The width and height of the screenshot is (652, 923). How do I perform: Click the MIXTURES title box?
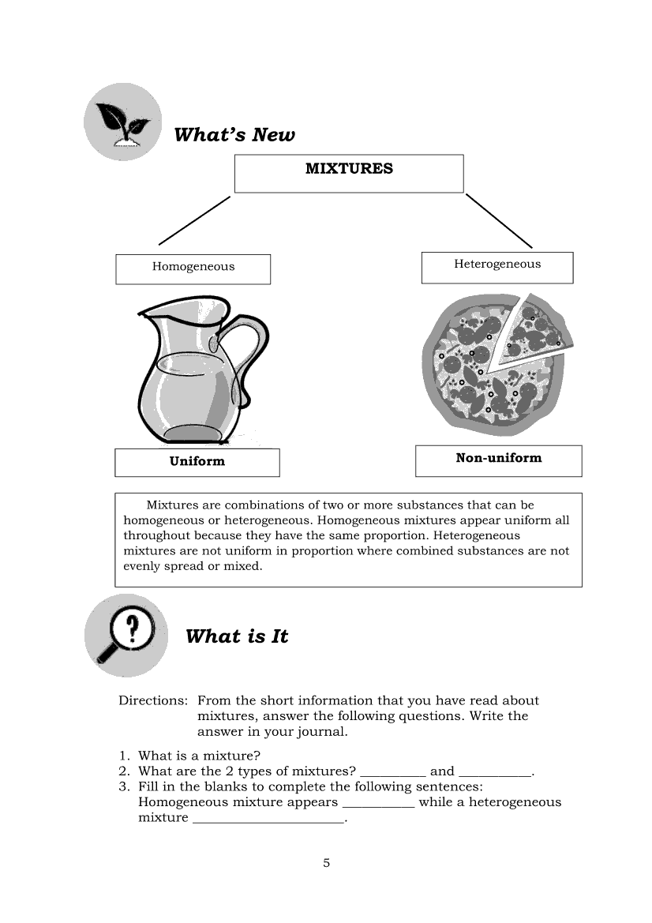coord(348,173)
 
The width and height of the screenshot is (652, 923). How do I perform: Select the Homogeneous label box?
coord(193,268)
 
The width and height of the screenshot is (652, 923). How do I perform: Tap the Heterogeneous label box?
coord(496,267)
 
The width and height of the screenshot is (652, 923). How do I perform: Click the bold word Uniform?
coord(197,462)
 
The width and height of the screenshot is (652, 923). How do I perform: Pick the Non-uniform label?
coord(498,459)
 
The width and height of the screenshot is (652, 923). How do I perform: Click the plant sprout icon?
coord(122,122)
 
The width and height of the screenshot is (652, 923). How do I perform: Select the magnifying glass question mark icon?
coord(126,635)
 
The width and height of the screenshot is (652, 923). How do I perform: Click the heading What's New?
coord(234,135)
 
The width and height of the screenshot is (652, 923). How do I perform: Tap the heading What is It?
coord(237,636)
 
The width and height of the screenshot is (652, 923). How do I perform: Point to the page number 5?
coord(326,862)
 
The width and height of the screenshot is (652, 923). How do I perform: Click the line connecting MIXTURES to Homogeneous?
coord(194,220)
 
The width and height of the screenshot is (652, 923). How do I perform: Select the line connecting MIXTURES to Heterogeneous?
coord(499,220)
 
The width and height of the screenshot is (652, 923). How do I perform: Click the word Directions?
coord(152,700)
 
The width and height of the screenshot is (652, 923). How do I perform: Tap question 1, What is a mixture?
coord(199,756)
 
